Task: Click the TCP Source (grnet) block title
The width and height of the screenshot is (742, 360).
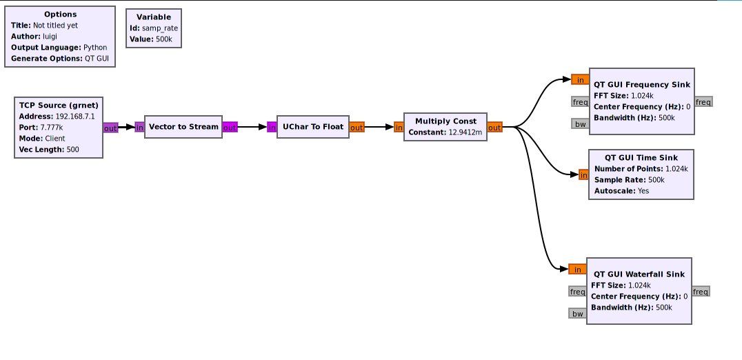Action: pos(58,105)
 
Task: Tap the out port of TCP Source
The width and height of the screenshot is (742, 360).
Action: pos(110,128)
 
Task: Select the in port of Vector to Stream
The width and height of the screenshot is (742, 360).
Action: pos(140,127)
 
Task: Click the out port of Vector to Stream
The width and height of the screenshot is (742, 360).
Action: pos(230,127)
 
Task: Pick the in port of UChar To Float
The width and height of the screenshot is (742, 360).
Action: pos(272,127)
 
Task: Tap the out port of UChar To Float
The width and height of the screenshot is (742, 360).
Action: pos(357,127)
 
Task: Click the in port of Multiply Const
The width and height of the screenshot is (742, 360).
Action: pos(399,127)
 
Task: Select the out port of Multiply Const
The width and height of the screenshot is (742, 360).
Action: pos(494,127)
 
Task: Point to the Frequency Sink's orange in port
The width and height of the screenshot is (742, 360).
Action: pos(580,79)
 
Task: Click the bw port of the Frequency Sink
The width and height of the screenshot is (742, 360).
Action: pos(579,124)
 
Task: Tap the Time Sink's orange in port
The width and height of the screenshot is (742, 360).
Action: pos(583,175)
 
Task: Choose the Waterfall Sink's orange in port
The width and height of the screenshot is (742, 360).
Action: pos(577,269)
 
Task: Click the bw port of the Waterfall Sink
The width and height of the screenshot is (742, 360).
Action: pos(577,314)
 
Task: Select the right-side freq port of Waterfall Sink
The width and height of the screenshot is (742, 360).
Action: pos(701,292)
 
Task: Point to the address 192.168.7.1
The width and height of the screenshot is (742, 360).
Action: pos(77,116)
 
